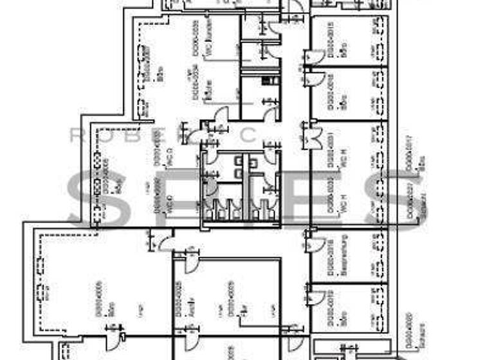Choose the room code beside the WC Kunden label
196,35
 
